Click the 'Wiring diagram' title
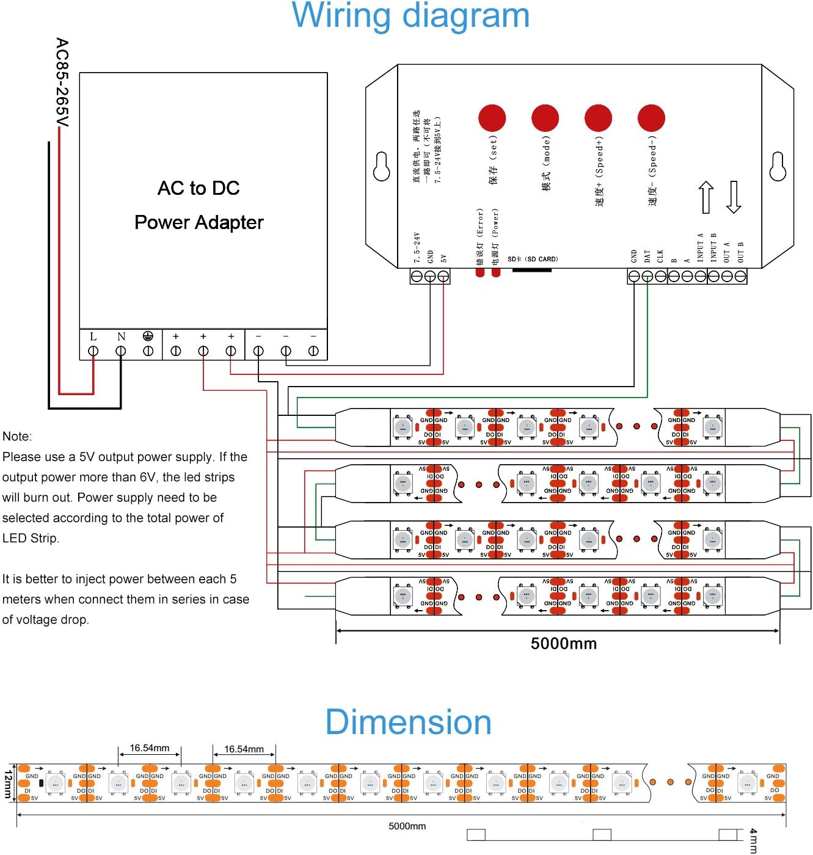coord(410,16)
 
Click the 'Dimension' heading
coord(408,722)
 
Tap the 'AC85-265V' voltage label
coord(62,82)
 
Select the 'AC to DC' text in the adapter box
coord(199,188)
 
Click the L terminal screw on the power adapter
coord(93,351)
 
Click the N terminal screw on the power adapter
coord(121,351)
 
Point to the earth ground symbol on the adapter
coord(148,336)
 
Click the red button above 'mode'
coord(545,118)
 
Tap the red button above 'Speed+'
coord(598,118)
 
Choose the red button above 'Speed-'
coord(651,118)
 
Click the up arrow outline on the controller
coord(706,197)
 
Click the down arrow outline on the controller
coord(734,197)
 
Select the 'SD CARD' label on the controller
coord(533,259)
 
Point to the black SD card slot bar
coord(531,270)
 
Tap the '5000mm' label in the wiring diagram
coord(563,643)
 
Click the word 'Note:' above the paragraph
coord(17,436)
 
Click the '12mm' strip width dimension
coord(8,784)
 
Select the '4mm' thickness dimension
coord(753,840)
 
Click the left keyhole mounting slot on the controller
coord(382,167)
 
